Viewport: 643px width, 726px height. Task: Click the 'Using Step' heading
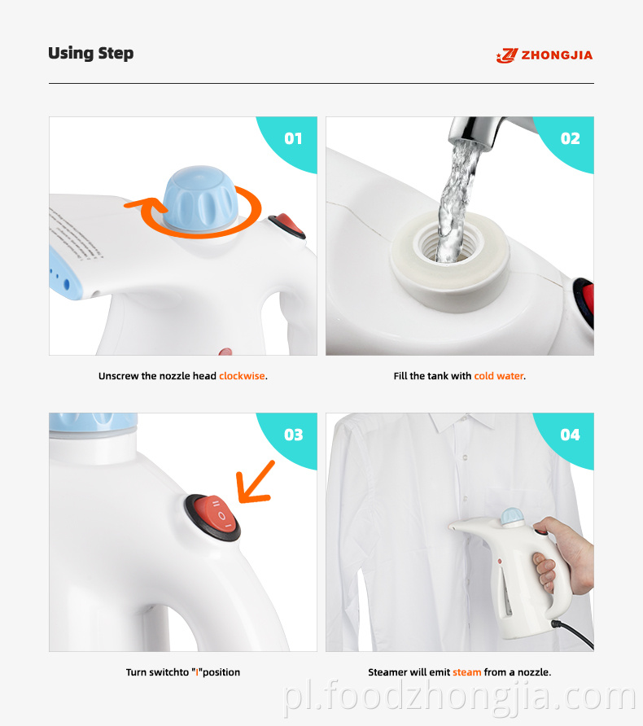(90, 54)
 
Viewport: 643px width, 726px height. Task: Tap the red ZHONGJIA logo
(545, 55)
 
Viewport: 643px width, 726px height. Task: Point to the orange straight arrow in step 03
(255, 482)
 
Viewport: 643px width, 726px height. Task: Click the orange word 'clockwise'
(242, 376)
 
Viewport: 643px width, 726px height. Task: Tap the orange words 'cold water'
(499, 376)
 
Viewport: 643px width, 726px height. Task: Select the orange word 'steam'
(466, 672)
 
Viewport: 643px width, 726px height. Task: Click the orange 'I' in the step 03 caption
(197, 672)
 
